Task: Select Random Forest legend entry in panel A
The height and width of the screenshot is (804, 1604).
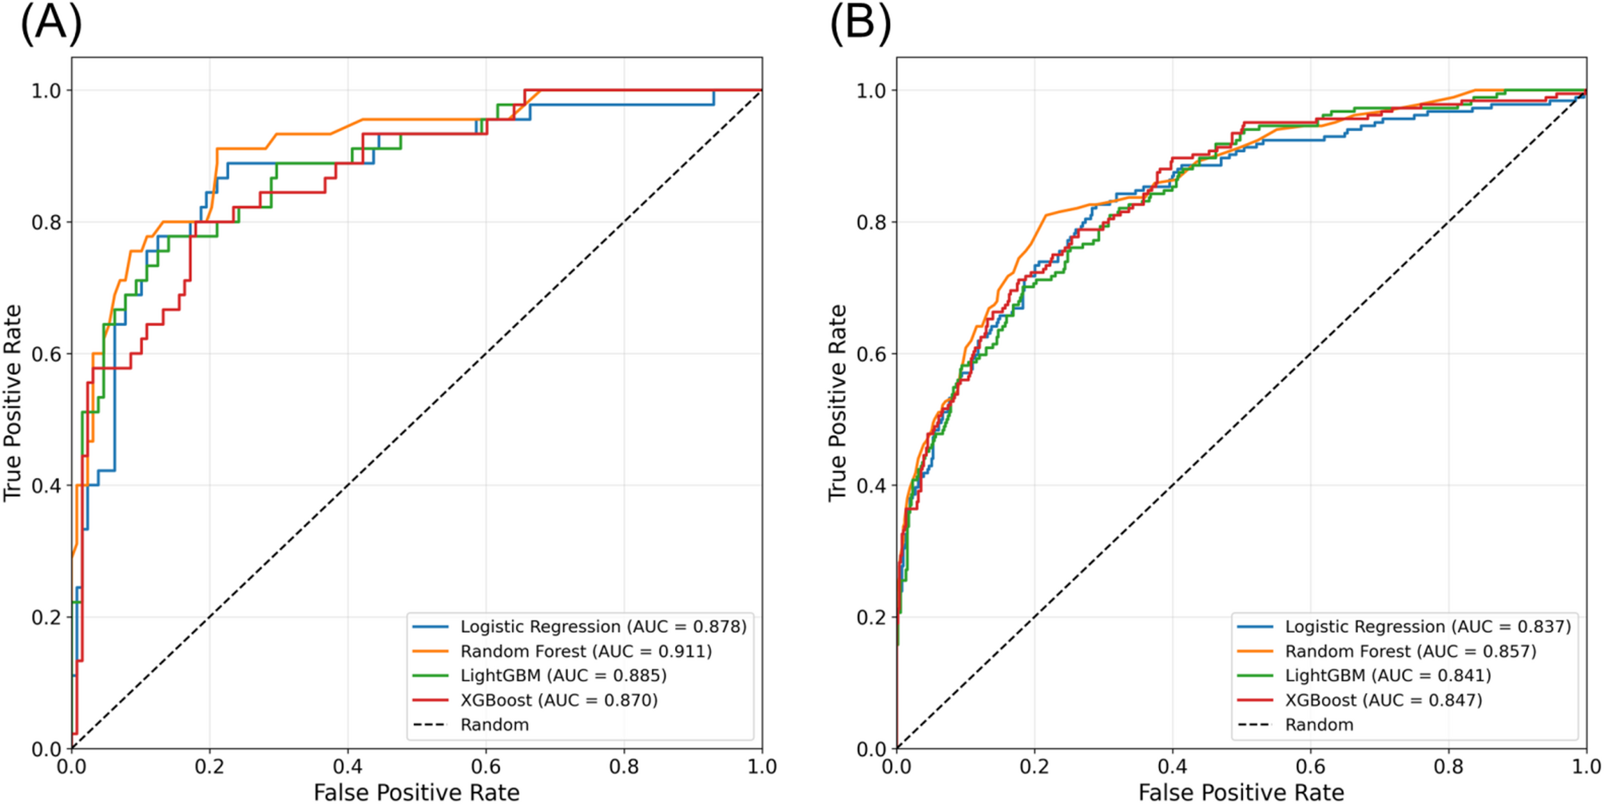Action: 586,651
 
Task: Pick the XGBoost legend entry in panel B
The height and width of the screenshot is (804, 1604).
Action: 1383,700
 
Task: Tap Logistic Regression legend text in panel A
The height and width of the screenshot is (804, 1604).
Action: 603,627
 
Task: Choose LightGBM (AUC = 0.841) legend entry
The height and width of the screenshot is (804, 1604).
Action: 1388,675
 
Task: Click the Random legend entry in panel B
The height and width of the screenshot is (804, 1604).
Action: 1319,725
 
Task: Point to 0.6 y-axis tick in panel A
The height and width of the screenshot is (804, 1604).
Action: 46,354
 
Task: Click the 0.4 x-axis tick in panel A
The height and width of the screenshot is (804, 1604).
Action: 347,767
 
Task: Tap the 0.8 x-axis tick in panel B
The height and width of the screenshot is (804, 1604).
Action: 1448,767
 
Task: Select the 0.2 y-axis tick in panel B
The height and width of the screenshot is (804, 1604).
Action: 871,617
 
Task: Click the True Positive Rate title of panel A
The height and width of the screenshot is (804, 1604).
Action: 12,403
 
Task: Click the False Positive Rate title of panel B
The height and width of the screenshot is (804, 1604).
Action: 1241,792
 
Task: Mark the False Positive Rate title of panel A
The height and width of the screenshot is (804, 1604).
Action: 416,792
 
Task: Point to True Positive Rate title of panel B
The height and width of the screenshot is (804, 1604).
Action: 836,403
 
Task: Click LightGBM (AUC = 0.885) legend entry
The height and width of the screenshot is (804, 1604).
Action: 563,675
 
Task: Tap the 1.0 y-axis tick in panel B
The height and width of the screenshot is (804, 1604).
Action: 871,90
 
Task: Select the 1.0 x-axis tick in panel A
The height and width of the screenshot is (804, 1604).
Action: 761,767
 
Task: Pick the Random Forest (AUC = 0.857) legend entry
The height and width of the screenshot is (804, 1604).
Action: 1410,651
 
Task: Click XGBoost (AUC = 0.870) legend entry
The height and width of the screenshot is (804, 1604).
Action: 558,700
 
